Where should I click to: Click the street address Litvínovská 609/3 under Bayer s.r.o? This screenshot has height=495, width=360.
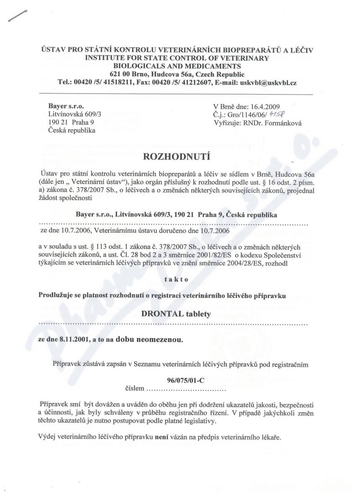(x=75, y=115)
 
